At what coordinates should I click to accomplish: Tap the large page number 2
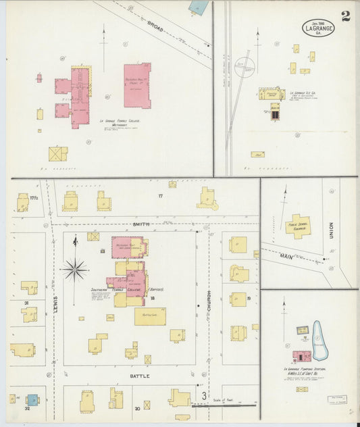pyautogui.click(x=346, y=16)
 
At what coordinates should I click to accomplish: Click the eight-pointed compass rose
pyautogui.click(x=74, y=269)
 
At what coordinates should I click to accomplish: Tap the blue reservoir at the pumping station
pyautogui.click(x=319, y=338)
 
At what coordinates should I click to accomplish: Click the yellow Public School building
pyautogui.click(x=298, y=225)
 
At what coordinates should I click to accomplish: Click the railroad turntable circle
pyautogui.click(x=245, y=66)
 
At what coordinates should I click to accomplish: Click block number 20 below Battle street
pyautogui.click(x=137, y=408)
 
